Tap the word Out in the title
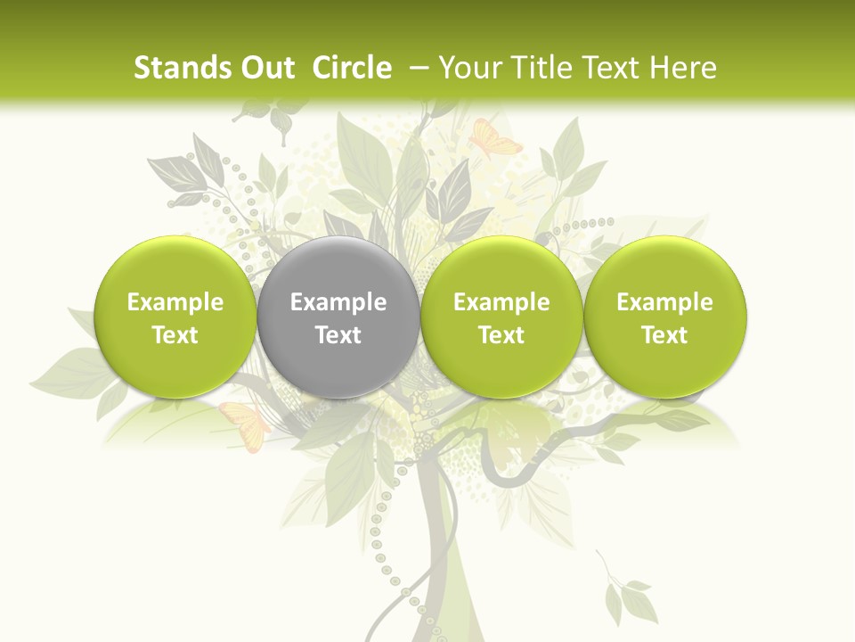pos(265,68)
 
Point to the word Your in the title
pos(465,68)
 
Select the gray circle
pos(338,317)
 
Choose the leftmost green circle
pos(175,317)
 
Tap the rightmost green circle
pos(665,317)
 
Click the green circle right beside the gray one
pos(501,317)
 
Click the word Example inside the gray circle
pos(338,302)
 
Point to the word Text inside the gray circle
pos(338,335)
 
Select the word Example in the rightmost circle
pos(665,302)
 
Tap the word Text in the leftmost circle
pos(175,335)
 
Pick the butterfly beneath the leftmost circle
pos(245,423)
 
